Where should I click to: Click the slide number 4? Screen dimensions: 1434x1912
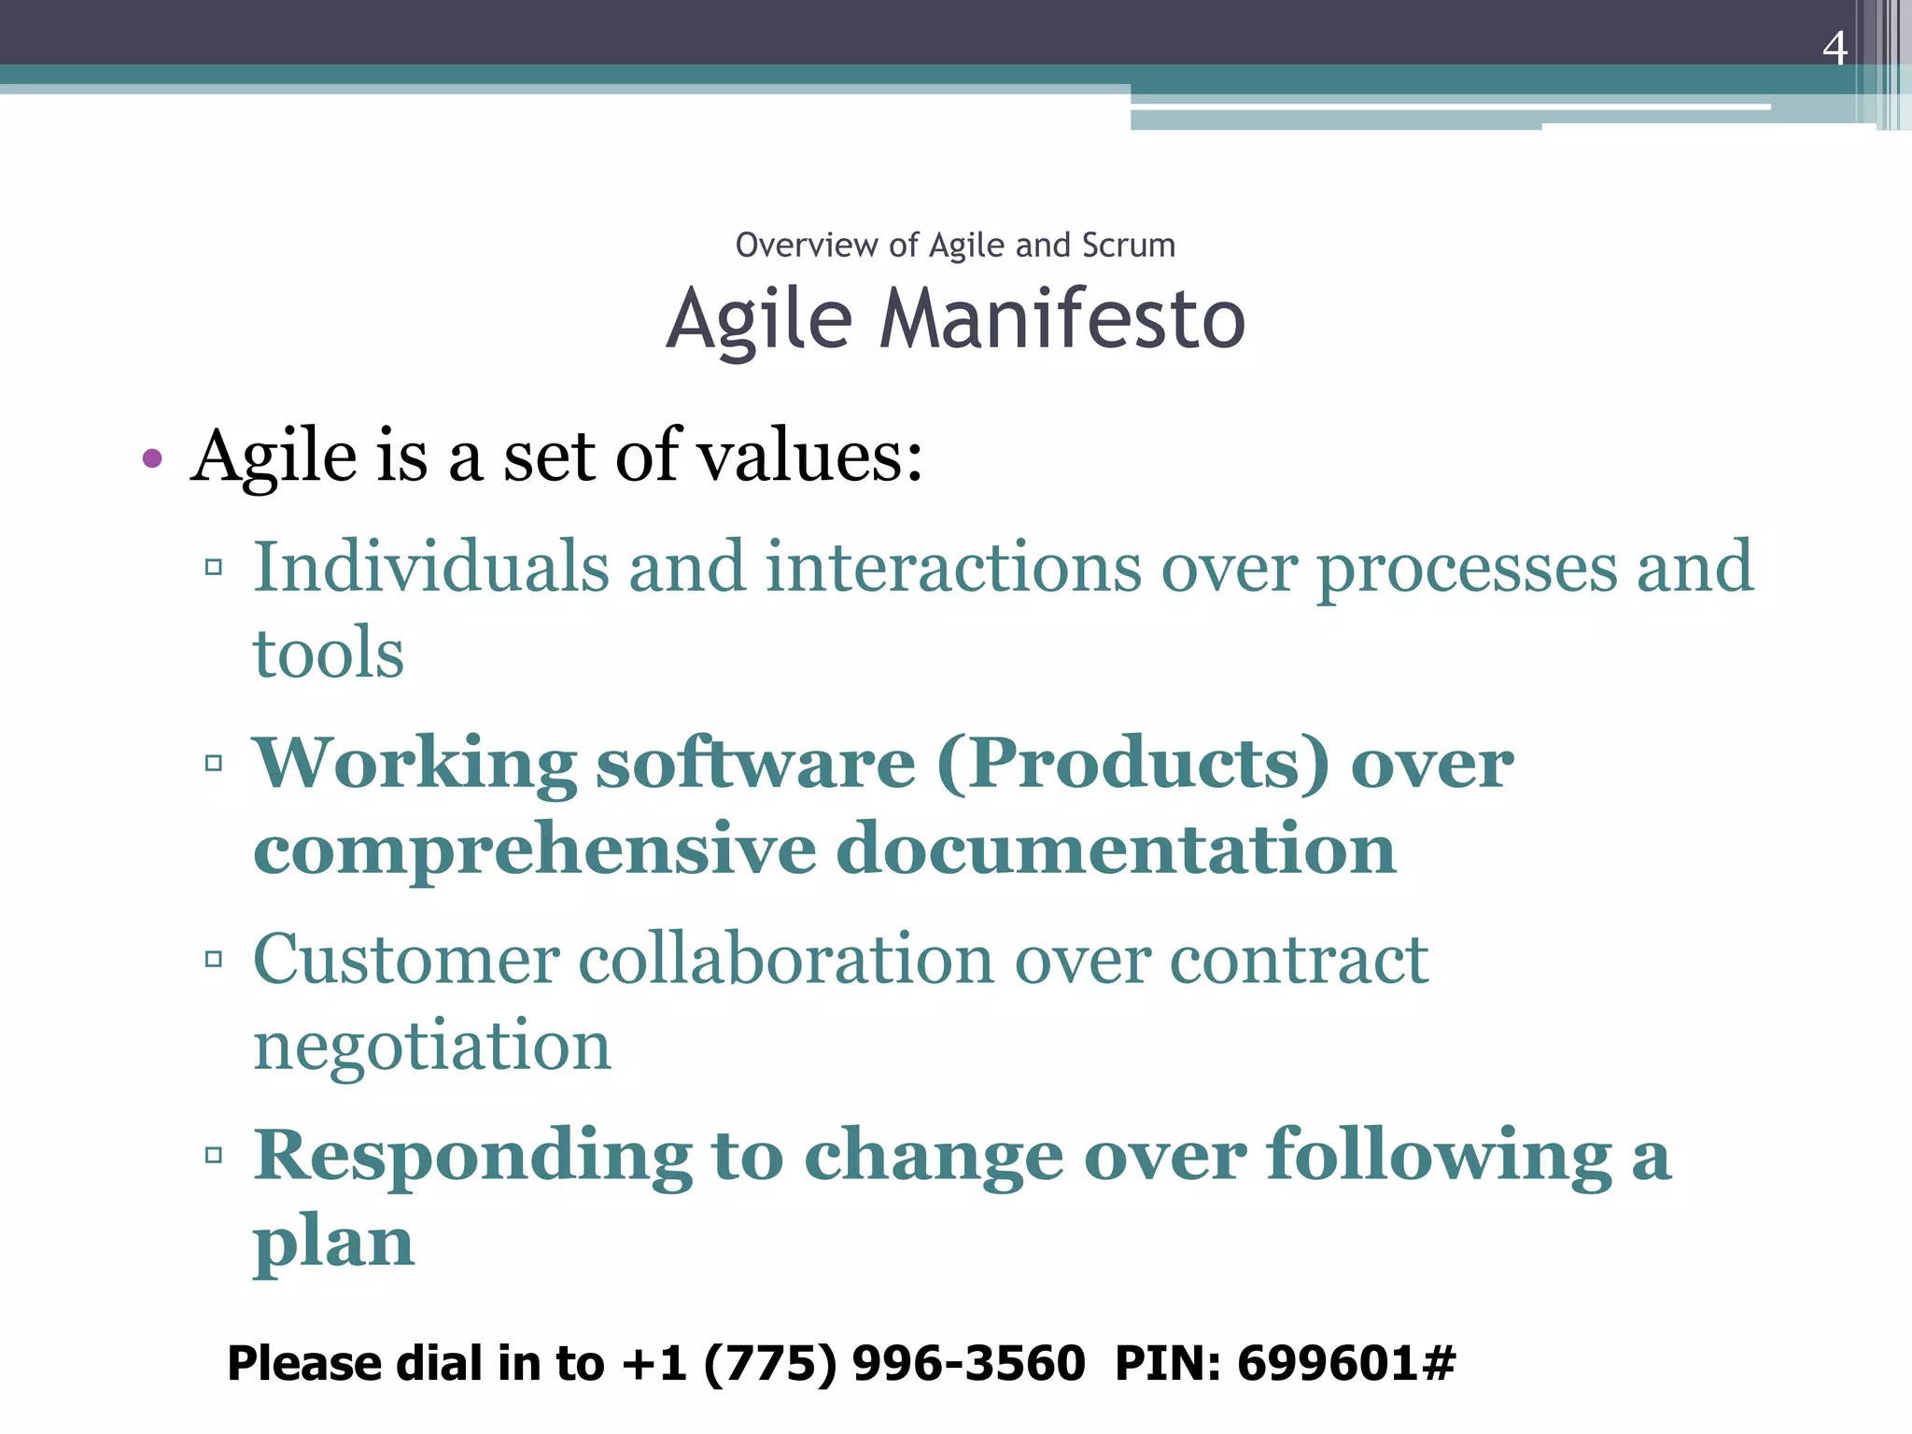[x=1834, y=49]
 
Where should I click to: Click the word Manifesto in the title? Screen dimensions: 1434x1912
[x=1061, y=320]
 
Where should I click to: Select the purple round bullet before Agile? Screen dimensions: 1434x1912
[x=152, y=458]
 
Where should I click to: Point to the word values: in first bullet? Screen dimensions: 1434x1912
[x=810, y=457]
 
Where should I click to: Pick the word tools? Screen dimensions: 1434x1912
[x=329, y=654]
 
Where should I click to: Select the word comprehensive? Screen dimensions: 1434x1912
[x=534, y=850]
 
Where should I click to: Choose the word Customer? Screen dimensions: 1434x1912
[x=406, y=960]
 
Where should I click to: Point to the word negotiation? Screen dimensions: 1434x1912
[x=431, y=1047]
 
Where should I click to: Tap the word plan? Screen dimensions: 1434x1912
[x=333, y=1244]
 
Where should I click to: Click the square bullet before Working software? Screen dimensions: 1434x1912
[x=214, y=763]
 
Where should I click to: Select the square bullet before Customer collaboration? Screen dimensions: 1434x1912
[x=214, y=959]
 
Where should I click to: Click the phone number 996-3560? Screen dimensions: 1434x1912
[x=968, y=1363]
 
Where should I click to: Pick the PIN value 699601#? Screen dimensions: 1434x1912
[x=1345, y=1363]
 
